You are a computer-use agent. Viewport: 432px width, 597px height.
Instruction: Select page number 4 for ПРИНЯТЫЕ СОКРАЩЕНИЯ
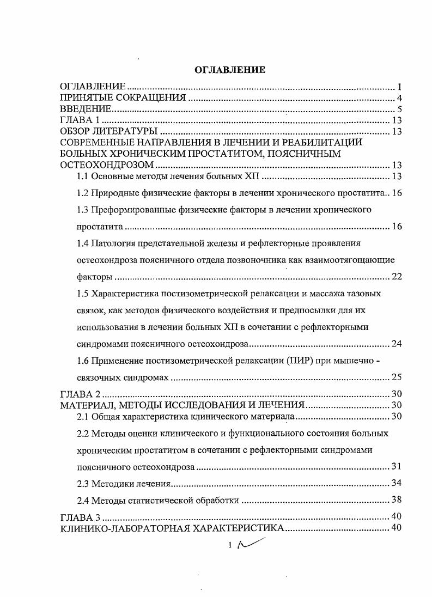[399, 99]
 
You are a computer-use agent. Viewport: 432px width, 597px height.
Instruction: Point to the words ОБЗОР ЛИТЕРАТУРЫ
[108, 132]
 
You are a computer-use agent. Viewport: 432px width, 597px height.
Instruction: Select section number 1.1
[83, 176]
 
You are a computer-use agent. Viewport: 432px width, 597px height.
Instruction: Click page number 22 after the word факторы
[397, 277]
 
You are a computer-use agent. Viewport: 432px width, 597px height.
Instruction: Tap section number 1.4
[83, 243]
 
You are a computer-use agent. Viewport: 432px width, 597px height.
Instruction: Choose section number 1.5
[83, 294]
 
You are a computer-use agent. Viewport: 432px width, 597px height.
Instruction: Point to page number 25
[397, 377]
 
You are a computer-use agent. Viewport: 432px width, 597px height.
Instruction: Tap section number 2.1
[83, 417]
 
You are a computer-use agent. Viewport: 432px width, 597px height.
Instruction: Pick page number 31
[397, 467]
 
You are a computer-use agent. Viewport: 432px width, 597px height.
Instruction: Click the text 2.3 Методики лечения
[125, 484]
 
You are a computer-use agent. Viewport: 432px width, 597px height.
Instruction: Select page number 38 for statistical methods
[397, 500]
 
